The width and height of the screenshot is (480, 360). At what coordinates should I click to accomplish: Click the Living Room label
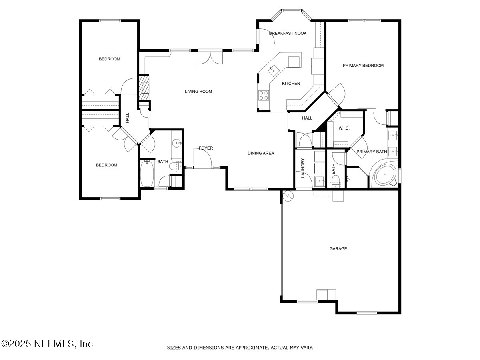click(198, 92)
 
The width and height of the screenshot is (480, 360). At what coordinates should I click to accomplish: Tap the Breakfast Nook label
click(288, 33)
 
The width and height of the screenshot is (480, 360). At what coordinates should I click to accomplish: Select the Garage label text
click(338, 249)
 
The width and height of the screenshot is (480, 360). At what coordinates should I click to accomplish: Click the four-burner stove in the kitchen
click(264, 95)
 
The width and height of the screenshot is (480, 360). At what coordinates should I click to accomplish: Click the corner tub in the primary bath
click(385, 175)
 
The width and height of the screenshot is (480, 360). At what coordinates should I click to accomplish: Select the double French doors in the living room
click(210, 58)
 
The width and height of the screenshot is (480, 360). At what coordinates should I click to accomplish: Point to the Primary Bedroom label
click(363, 66)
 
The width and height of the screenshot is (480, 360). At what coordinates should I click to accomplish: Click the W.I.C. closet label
click(344, 128)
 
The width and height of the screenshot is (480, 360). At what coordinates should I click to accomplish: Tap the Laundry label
click(303, 168)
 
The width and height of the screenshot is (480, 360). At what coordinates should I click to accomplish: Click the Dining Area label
click(261, 153)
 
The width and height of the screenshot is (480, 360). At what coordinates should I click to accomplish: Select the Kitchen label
click(291, 84)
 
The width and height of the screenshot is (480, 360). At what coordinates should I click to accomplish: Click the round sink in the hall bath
click(177, 142)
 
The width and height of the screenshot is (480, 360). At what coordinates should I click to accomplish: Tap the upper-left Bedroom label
click(109, 59)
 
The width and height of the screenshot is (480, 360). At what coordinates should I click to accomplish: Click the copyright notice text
click(47, 344)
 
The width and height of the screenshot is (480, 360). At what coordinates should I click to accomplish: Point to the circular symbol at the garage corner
click(288, 195)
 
